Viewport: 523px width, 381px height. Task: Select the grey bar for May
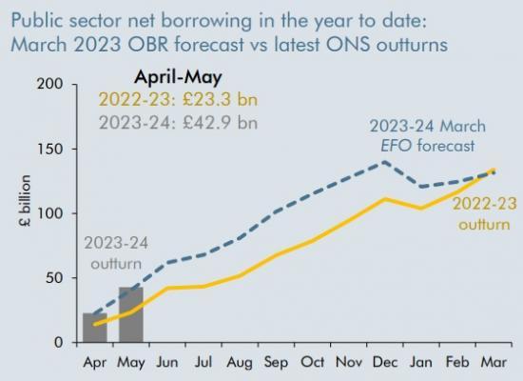(131, 314)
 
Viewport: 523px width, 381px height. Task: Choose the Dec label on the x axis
(384, 362)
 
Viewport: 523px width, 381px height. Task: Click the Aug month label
(240, 362)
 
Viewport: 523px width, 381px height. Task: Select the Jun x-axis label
(167, 362)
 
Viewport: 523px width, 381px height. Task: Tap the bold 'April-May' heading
(171, 78)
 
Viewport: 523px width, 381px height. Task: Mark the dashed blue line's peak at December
(384, 162)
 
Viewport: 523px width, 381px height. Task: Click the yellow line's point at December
(384, 199)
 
